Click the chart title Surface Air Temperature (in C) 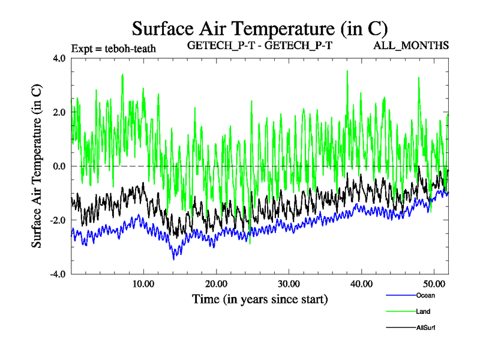260,28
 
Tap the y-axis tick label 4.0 59,59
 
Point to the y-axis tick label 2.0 59,112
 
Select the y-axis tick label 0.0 59,166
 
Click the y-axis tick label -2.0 58,220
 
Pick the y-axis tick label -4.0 58,274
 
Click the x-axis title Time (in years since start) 260,299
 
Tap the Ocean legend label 425,295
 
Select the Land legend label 423,311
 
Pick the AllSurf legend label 425,328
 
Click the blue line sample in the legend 400,295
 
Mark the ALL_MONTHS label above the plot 412,46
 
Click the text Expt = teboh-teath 113,49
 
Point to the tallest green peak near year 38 347,71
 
